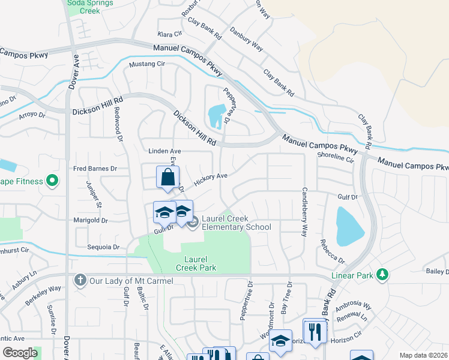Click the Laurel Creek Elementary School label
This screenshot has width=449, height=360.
[236, 223]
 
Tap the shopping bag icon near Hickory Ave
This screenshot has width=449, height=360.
[168, 177]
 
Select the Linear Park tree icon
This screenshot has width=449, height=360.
[382, 275]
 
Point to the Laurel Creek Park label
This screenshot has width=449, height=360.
[196, 263]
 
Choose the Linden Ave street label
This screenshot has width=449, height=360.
[164, 151]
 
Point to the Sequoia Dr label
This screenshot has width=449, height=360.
[104, 247]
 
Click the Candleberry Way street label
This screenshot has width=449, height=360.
[304, 210]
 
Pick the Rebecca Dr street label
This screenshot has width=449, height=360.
[332, 252]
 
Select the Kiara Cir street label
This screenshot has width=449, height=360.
[169, 34]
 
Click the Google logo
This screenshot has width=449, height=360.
[20, 353]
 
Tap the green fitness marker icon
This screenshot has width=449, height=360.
[52, 179]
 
